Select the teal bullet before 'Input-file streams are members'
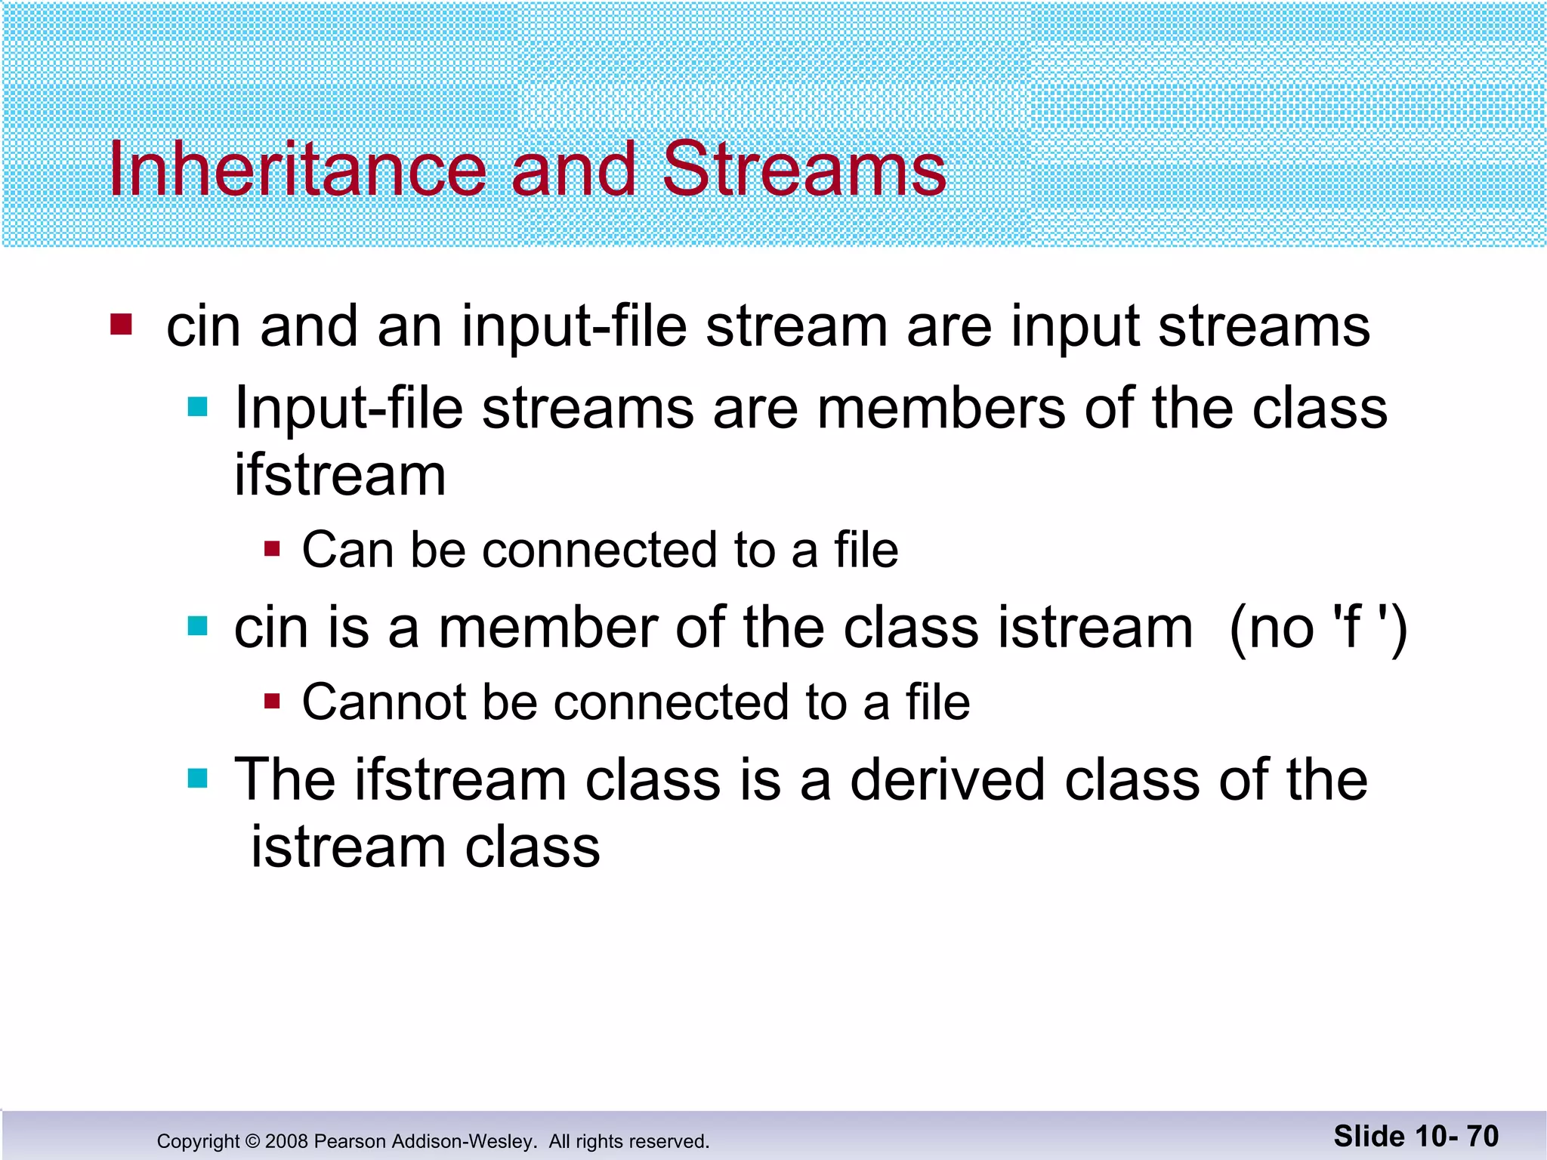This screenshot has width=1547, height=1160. pyautogui.click(x=197, y=408)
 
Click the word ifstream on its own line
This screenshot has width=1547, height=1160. pyautogui.click(x=340, y=476)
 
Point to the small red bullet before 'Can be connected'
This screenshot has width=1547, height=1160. pyautogui.click(x=273, y=548)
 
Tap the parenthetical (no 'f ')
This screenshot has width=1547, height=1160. pyautogui.click(x=1318, y=628)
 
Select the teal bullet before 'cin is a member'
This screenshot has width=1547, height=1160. pyautogui.click(x=197, y=626)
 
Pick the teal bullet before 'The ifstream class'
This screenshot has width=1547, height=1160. pyautogui.click(x=197, y=778)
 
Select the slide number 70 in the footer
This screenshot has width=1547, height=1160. pyautogui.click(x=1482, y=1136)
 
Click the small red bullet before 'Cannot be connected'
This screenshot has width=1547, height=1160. pyautogui.click(x=273, y=702)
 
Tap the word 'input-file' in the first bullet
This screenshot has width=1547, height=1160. pyautogui.click(x=574, y=326)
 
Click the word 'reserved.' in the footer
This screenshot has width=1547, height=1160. pyautogui.click(x=671, y=1141)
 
